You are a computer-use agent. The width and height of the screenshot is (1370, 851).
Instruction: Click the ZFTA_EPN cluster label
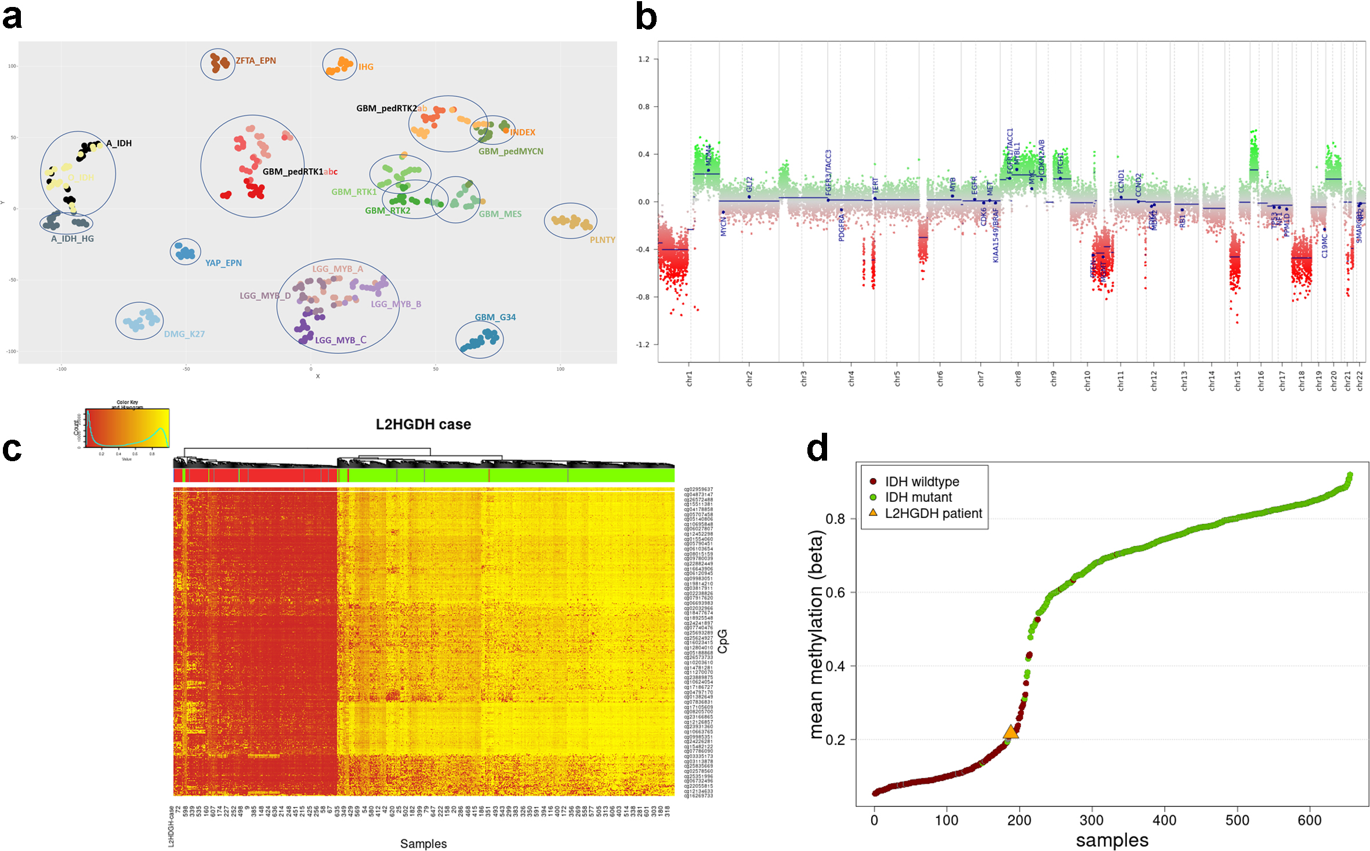click(x=256, y=61)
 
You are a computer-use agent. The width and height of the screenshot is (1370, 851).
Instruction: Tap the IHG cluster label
click(x=366, y=67)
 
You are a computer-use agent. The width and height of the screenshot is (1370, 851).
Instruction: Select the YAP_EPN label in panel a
click(x=223, y=263)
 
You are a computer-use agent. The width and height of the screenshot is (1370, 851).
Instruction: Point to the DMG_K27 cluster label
click(x=184, y=334)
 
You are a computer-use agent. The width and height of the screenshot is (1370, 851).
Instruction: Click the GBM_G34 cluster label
click(x=495, y=317)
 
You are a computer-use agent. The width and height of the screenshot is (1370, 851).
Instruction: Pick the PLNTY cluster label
click(x=603, y=240)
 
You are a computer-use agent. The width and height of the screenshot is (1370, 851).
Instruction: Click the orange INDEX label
click(x=523, y=132)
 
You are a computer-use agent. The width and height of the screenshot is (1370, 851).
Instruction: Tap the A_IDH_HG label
click(x=73, y=239)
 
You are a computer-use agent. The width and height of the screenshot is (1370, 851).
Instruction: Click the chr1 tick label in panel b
click(x=690, y=379)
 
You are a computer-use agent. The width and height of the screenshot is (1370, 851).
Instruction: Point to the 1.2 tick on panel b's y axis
click(x=644, y=59)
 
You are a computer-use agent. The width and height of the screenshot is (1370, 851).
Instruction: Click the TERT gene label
click(x=876, y=186)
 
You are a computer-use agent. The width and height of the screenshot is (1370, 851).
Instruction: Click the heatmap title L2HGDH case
click(x=423, y=425)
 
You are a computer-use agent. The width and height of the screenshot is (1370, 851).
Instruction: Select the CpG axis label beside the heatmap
click(x=723, y=641)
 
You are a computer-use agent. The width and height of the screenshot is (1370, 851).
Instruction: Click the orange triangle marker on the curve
click(x=1010, y=732)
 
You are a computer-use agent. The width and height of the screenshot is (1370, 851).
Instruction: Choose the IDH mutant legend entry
click(x=918, y=498)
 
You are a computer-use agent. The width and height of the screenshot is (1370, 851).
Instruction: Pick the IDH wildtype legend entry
click(x=922, y=482)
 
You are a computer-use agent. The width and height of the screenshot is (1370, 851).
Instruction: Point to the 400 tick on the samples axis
click(x=1165, y=820)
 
